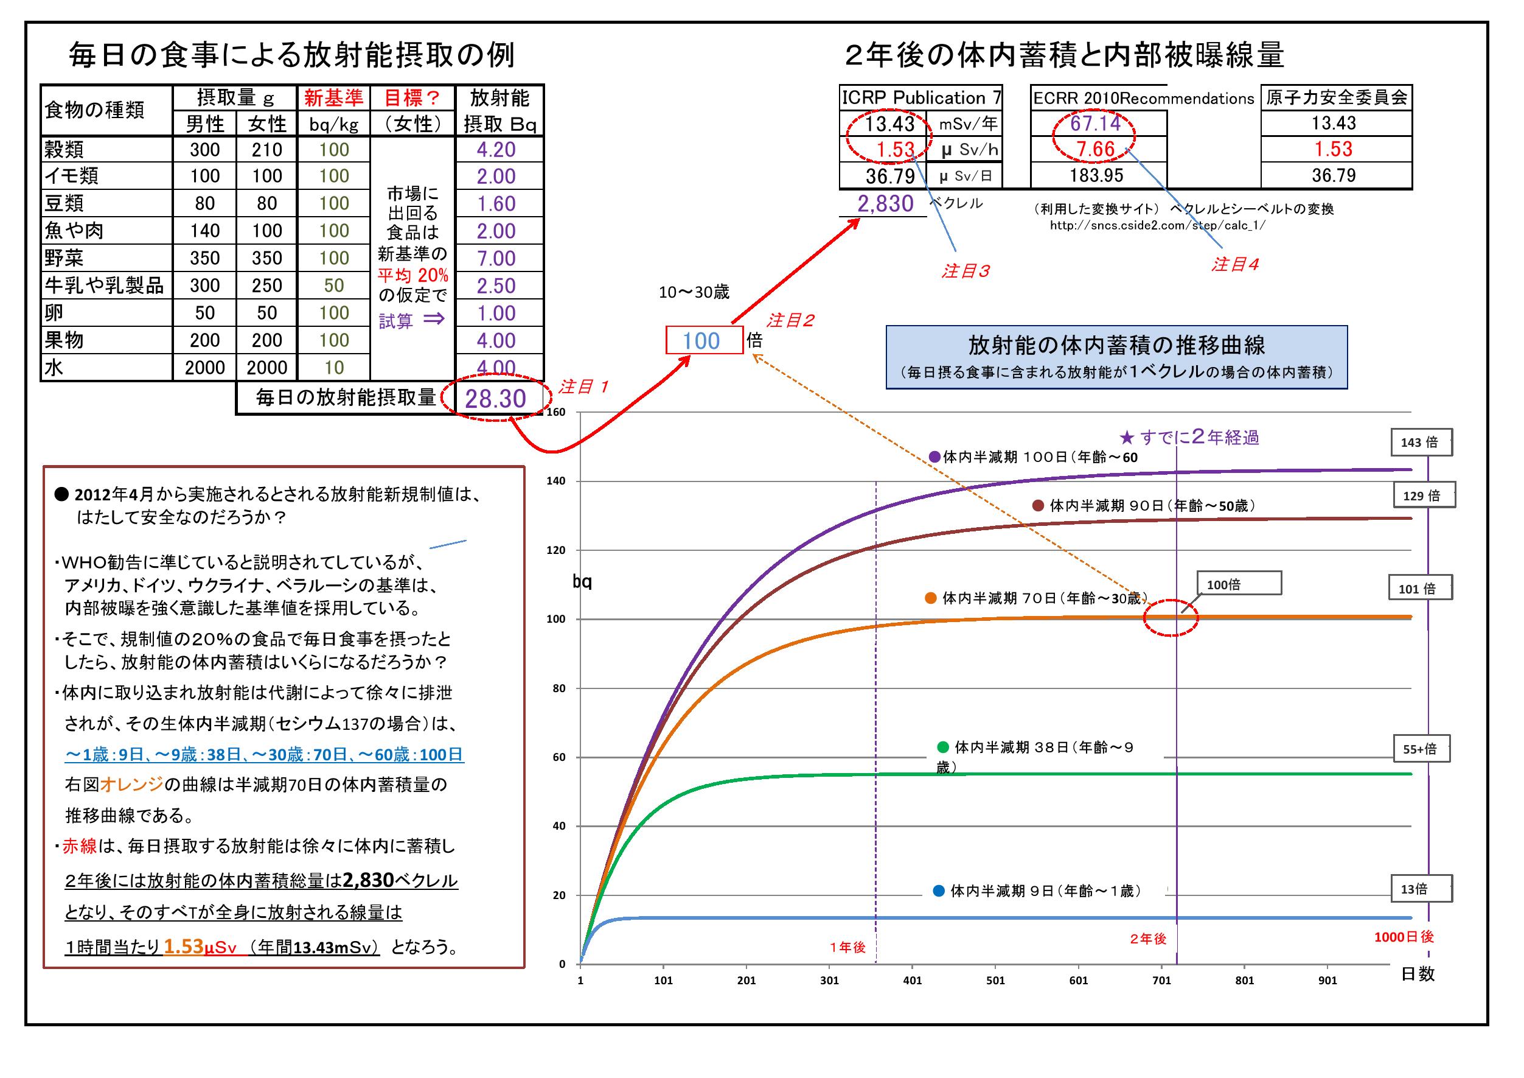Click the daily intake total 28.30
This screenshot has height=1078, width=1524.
[495, 398]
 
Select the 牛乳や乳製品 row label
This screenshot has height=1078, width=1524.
[104, 285]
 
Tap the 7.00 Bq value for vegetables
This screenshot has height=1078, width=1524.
[496, 258]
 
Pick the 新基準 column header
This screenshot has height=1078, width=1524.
[333, 98]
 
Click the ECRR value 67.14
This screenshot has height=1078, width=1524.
[1095, 123]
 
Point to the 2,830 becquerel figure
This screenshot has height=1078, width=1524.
[885, 203]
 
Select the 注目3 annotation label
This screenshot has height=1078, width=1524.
[965, 270]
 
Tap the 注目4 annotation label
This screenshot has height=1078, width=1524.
[1234, 264]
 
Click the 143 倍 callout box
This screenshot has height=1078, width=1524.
[1421, 443]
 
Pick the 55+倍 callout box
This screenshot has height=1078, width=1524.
[1421, 749]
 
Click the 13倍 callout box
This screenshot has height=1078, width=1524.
[1421, 889]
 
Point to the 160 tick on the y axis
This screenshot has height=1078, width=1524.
[556, 412]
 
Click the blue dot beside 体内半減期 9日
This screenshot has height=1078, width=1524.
[939, 891]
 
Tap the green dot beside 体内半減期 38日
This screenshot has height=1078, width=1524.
[942, 746]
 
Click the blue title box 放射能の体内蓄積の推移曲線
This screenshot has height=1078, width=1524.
[1116, 357]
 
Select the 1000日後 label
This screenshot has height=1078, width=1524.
[1404, 937]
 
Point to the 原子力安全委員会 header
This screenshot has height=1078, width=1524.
[1336, 98]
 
